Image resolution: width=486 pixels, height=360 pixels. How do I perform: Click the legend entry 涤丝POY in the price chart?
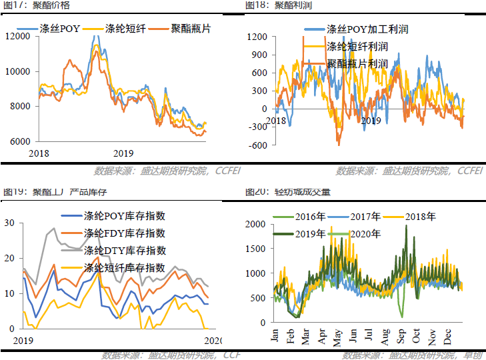click(x=61, y=29)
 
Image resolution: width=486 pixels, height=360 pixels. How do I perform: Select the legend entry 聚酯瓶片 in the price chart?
click(x=181, y=29)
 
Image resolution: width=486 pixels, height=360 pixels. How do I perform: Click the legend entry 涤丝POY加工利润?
click(x=366, y=29)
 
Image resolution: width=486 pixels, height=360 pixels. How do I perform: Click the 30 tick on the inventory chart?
click(x=9, y=223)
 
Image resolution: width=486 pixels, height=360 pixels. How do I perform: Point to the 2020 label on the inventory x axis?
click(x=213, y=341)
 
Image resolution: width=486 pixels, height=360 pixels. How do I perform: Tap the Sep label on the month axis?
click(x=400, y=335)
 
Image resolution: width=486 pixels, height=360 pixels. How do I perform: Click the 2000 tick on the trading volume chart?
click(x=255, y=225)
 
